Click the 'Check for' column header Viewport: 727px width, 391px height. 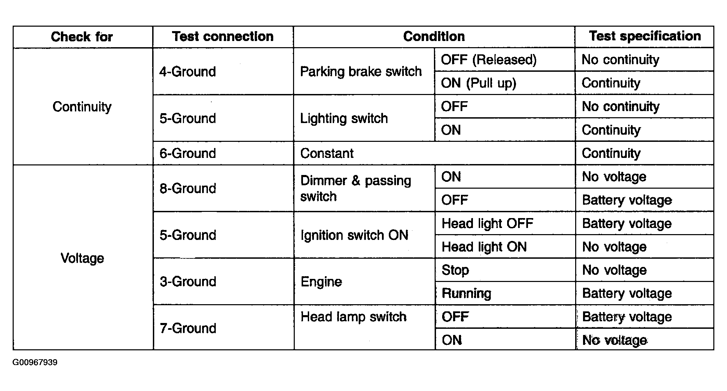tap(82, 37)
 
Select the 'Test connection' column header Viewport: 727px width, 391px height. tap(223, 37)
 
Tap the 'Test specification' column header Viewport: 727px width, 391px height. tap(645, 36)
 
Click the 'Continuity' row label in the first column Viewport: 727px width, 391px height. tap(82, 107)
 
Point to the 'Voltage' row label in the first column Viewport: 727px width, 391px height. tap(82, 258)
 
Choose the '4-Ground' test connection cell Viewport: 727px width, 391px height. tap(188, 72)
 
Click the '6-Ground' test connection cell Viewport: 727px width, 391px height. tap(188, 153)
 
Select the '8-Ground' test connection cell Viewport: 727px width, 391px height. tap(188, 188)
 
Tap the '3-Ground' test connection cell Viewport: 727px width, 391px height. tap(188, 282)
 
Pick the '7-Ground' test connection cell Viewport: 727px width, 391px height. tap(188, 328)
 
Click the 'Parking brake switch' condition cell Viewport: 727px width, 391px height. tap(361, 72)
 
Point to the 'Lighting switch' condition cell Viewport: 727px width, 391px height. tap(344, 119)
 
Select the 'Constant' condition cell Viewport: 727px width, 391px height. tap(327, 153)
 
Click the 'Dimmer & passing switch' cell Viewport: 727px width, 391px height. tap(356, 188)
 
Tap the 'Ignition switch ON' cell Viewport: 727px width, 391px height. tap(355, 235)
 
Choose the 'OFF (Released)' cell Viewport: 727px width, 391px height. tap(489, 60)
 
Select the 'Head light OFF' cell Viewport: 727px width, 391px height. tap(488, 224)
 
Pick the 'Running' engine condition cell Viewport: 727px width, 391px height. tap(466, 294)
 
